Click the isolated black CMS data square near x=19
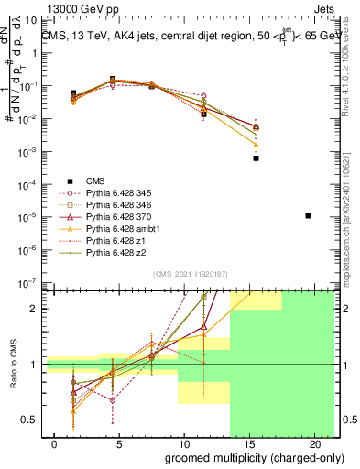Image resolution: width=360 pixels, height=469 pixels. (x=309, y=215)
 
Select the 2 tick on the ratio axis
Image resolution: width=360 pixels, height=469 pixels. (x=33, y=309)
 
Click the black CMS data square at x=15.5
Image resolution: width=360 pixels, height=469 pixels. (x=256, y=158)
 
